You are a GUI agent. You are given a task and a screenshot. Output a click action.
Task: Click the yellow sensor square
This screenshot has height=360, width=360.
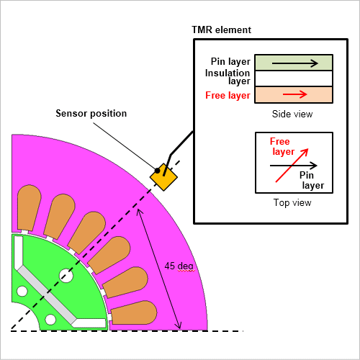163,177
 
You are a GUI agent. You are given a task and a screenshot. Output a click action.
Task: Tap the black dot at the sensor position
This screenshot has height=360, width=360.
157,171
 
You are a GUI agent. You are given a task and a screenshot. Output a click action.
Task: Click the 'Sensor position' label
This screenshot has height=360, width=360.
91,113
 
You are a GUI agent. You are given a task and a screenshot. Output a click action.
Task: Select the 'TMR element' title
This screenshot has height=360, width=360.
221,30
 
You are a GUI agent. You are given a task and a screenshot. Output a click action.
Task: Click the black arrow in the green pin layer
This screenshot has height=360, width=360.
295,63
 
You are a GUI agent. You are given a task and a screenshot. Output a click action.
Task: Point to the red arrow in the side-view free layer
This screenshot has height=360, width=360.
295,94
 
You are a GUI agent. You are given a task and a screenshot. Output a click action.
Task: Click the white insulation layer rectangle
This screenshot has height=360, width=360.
294,78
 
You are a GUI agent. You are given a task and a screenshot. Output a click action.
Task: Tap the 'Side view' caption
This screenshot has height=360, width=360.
292,114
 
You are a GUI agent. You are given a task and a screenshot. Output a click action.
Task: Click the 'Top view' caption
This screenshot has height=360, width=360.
292,203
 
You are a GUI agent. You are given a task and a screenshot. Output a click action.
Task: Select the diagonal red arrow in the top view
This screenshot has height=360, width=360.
292,166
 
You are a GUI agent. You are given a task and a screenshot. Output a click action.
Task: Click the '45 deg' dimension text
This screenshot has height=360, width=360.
179,266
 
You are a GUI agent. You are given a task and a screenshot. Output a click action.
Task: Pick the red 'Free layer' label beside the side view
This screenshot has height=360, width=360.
228,96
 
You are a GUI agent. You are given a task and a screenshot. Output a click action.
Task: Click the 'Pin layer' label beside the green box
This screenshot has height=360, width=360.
230,62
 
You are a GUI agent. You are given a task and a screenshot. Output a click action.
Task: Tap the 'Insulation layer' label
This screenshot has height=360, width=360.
228,77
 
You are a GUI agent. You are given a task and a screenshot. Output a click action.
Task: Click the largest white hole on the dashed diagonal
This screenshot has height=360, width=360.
66,276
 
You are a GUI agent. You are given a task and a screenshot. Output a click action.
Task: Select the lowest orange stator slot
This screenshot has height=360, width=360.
133,312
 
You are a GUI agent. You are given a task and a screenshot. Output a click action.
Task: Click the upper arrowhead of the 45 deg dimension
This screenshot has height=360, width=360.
139,211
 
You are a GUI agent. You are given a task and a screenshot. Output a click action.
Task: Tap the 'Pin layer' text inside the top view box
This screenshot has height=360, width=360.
312,180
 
